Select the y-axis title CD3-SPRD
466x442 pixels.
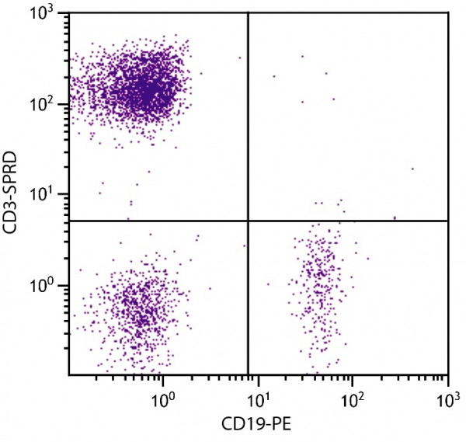click(14, 193)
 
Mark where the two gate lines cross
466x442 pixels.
click(248, 221)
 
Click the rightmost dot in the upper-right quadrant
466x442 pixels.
click(412, 169)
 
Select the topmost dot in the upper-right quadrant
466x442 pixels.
click(302, 56)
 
